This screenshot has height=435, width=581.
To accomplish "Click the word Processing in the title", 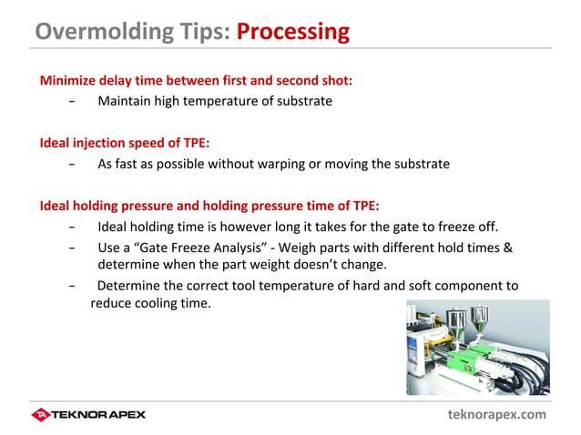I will pos(292,31).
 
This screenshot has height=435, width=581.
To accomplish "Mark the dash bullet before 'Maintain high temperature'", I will pos(72,101).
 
